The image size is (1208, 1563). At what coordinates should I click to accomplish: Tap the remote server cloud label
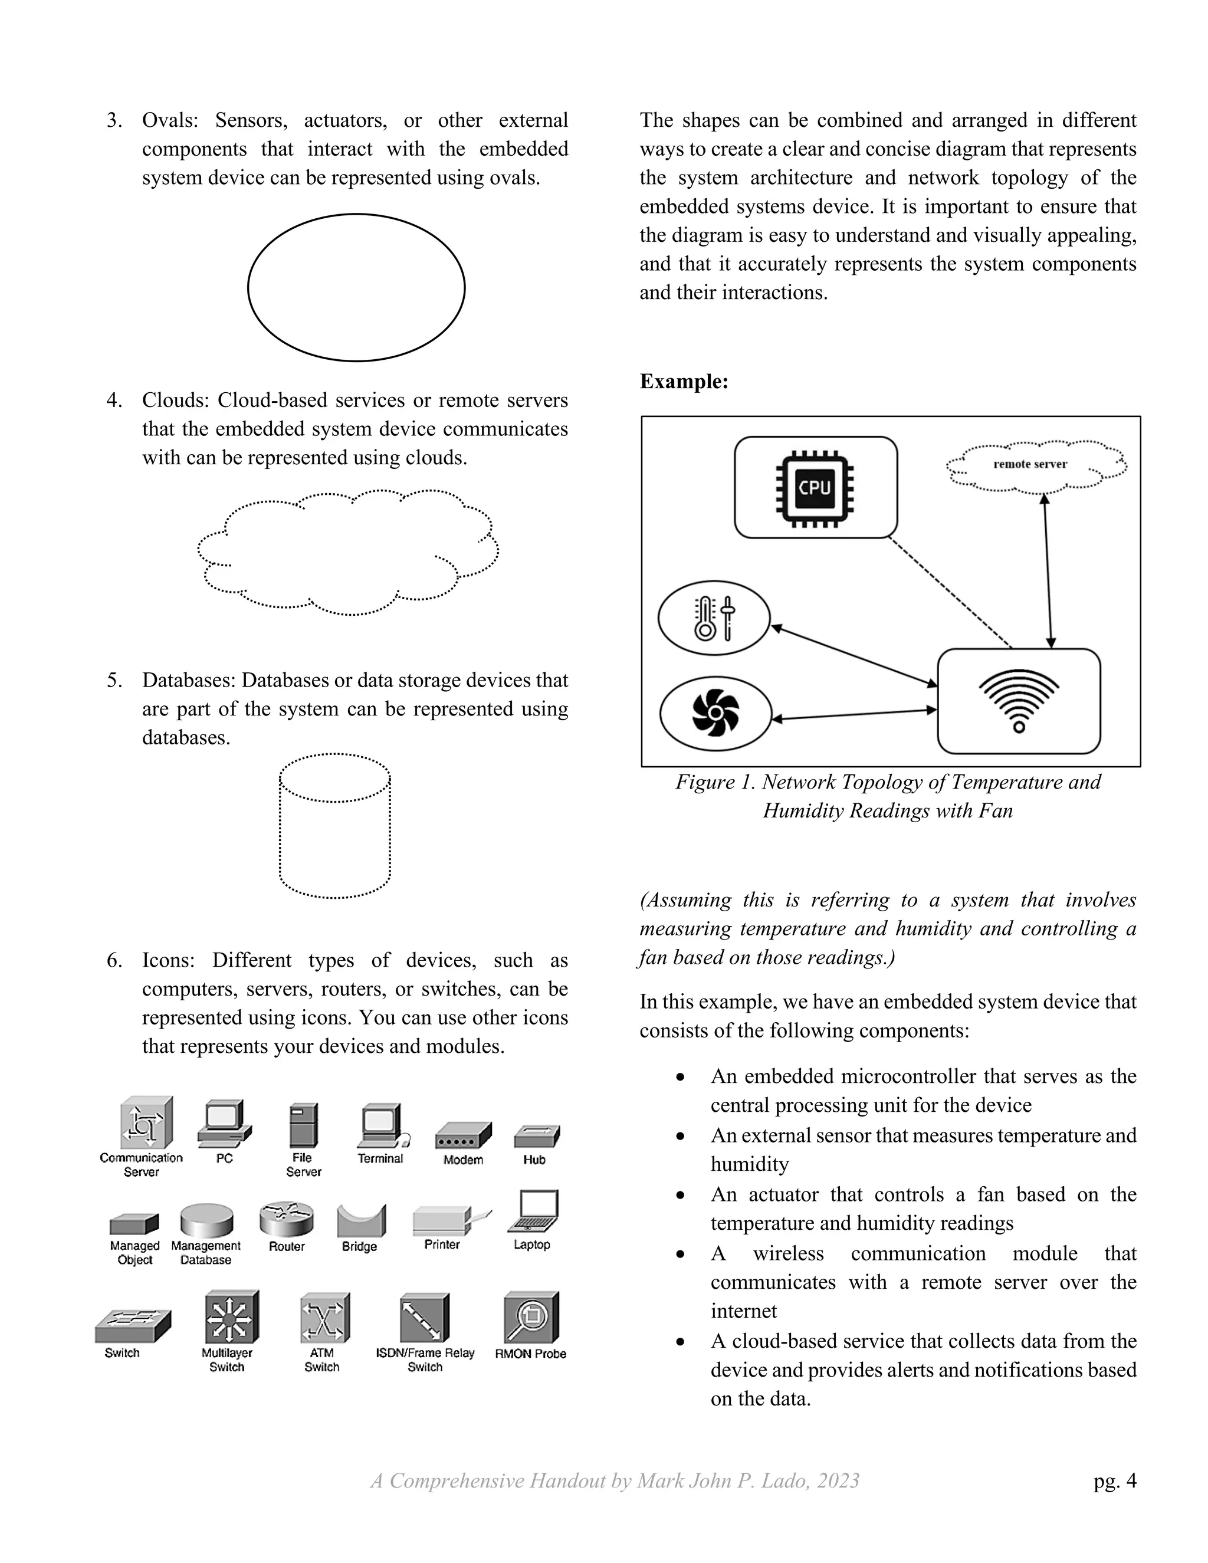point(1030,464)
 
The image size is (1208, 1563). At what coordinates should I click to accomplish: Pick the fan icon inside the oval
point(715,713)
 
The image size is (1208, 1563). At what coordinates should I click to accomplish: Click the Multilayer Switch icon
point(231,1318)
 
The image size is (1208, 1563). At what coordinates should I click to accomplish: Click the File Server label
point(303,1164)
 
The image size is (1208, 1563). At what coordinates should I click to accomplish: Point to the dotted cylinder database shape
point(335,825)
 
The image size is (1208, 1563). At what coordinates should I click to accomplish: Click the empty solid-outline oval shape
point(356,287)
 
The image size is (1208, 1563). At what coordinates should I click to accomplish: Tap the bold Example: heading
point(684,382)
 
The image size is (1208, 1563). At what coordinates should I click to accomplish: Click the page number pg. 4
point(1114,1480)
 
